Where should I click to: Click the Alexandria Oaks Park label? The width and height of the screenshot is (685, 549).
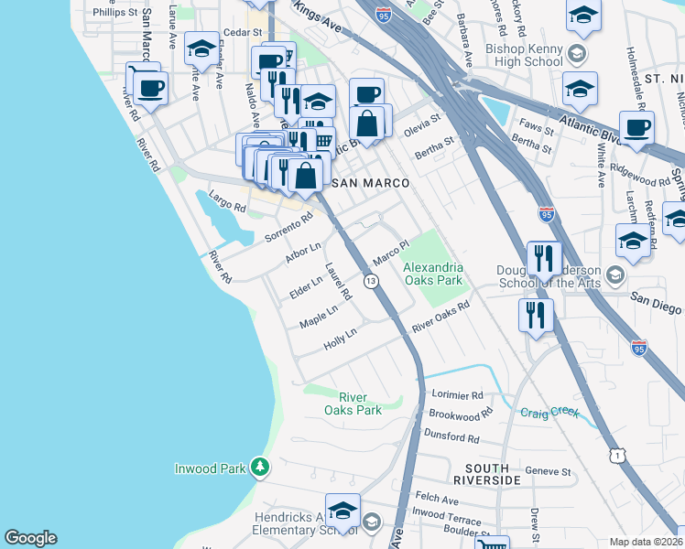433,274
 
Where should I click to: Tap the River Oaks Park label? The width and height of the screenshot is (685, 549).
360,404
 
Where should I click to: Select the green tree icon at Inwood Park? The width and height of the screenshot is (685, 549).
260,468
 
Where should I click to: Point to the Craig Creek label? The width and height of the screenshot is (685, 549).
549,413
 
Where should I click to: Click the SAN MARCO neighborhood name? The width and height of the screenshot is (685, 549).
369,183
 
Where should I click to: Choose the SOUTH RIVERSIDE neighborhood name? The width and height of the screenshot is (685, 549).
487,473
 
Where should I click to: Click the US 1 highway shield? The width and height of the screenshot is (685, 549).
619,454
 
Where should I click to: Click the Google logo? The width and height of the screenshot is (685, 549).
30,538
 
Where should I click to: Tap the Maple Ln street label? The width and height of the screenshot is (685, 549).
319,317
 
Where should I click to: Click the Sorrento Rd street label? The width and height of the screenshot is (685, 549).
288,228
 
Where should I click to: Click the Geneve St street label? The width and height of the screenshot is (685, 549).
552,472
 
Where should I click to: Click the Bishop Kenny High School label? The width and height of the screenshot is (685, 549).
524,54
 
